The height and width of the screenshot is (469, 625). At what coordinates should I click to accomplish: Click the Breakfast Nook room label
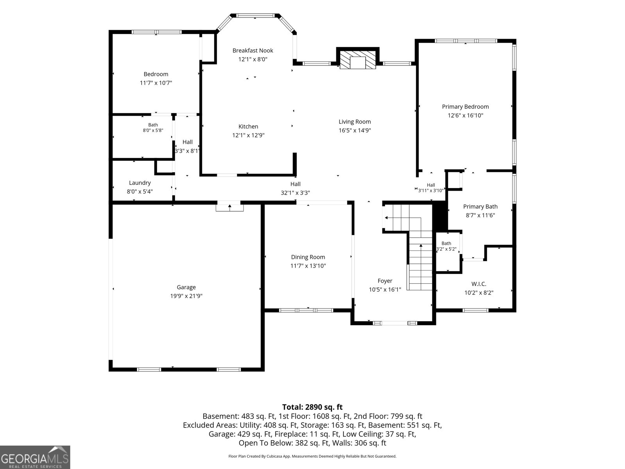tap(253, 51)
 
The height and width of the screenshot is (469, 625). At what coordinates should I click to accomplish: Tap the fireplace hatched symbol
tap(358, 60)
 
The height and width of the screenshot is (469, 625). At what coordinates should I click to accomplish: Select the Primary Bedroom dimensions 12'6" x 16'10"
tap(465, 115)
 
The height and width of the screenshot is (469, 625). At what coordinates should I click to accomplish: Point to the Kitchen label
tap(248, 127)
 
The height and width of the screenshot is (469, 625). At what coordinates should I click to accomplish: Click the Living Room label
tap(355, 122)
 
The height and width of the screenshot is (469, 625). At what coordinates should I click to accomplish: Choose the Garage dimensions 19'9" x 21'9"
tap(186, 296)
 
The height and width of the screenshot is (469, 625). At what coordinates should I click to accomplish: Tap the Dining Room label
tap(308, 257)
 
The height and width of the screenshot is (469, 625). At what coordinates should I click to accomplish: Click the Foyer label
tap(385, 281)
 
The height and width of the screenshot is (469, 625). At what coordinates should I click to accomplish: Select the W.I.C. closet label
tap(479, 284)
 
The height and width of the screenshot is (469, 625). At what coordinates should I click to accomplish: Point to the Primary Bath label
tap(480, 207)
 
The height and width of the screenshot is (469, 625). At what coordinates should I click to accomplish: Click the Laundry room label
tap(139, 183)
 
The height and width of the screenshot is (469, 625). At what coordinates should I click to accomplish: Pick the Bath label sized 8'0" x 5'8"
tap(153, 125)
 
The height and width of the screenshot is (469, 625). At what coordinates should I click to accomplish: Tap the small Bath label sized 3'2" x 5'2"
tap(446, 243)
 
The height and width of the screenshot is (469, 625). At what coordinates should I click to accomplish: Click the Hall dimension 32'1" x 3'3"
tap(295, 193)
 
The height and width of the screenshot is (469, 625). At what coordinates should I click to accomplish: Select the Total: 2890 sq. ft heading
tap(312, 407)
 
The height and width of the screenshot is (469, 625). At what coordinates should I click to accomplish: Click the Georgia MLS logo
tap(35, 457)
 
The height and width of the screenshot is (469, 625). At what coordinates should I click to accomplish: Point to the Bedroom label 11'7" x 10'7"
tap(156, 74)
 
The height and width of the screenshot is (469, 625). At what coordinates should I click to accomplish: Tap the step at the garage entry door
tap(230, 208)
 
